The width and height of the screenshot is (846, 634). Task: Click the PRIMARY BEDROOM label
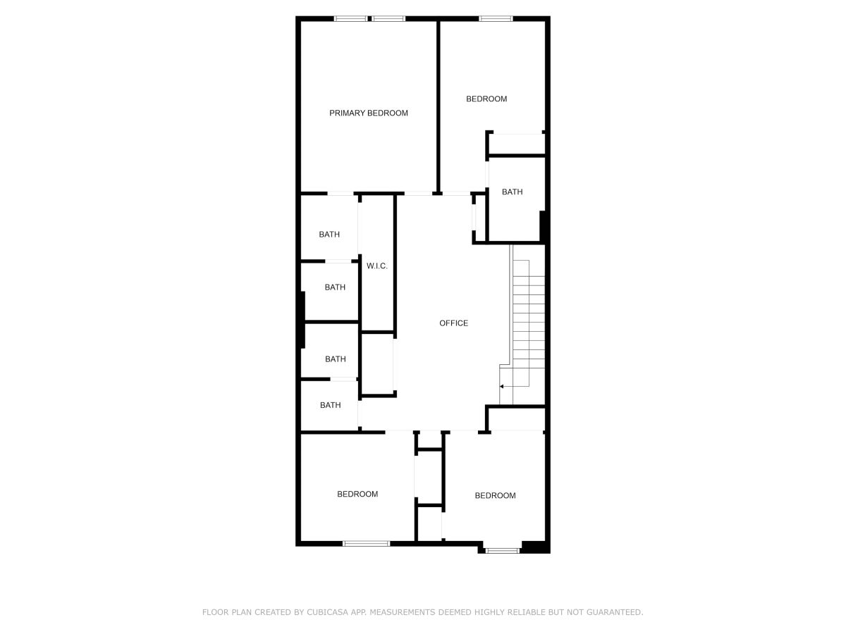click(368, 113)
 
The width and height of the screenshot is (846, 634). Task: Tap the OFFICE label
click(453, 323)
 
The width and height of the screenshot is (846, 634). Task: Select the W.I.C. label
click(376, 266)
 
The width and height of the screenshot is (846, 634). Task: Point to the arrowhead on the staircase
click(501, 386)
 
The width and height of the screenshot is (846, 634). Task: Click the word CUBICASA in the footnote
click(328, 611)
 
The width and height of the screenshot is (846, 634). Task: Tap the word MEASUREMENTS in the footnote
click(402, 611)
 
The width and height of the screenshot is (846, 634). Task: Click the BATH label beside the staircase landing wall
click(512, 192)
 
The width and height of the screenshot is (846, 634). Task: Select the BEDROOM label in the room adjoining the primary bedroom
click(486, 99)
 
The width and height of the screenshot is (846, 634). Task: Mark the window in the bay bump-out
click(502, 550)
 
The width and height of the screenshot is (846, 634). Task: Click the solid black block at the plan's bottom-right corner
click(534, 547)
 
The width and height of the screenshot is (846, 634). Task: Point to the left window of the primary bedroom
click(350, 18)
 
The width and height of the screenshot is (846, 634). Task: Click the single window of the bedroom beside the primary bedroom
click(496, 18)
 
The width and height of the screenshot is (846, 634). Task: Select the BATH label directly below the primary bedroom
click(329, 235)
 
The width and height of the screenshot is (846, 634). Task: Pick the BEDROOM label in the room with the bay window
click(495, 495)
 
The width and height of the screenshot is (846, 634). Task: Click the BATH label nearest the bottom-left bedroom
click(331, 405)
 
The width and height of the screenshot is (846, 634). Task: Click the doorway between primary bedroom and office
click(418, 194)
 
